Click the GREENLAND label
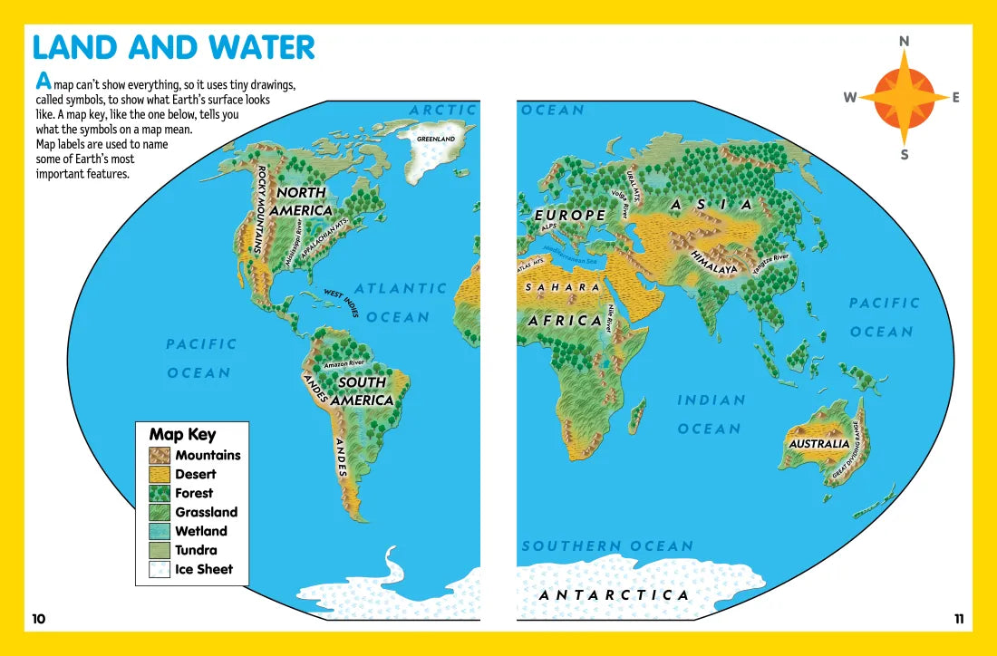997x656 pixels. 435,139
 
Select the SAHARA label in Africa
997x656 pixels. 562,287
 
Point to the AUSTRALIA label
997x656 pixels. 818,444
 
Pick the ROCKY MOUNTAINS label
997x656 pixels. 259,208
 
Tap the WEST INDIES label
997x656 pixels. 342,303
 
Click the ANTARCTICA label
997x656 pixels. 614,595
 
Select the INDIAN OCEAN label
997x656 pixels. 711,414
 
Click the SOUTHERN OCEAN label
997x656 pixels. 607,546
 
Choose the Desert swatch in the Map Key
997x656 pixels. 160,474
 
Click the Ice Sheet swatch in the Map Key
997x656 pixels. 160,569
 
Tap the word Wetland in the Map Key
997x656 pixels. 201,531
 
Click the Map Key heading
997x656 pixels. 182,434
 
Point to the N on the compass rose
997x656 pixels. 904,42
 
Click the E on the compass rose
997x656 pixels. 955,98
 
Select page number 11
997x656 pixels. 959,620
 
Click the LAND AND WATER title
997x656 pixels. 173,47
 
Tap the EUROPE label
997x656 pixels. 570,216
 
